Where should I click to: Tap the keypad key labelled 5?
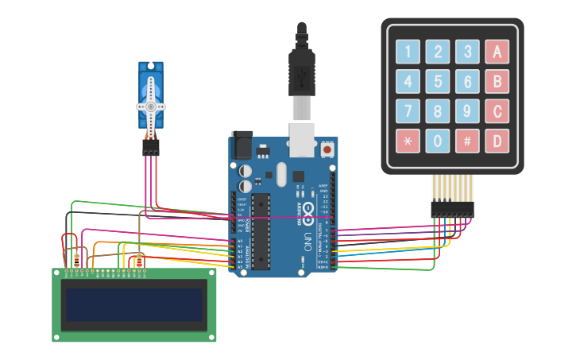[437, 81]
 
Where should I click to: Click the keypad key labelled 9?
[467, 110]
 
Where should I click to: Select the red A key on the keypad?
[497, 52]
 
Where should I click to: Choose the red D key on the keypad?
[497, 141]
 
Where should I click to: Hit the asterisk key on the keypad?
[408, 141]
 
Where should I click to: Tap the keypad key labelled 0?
[437, 141]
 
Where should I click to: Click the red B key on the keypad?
[497, 81]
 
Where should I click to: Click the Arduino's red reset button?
[327, 149]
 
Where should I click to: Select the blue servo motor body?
[150, 95]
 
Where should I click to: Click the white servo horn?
[150, 106]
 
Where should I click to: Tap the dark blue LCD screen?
[133, 304]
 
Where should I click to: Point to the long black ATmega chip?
[261, 230]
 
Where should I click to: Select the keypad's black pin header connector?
[452, 209]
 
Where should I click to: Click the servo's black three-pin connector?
[150, 148]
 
